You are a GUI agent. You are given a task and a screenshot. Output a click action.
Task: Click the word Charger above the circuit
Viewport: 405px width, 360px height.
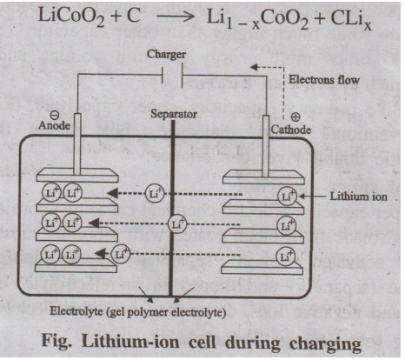pyautogui.click(x=166, y=55)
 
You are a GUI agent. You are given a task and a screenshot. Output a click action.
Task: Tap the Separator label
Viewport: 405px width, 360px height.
pyautogui.click(x=174, y=114)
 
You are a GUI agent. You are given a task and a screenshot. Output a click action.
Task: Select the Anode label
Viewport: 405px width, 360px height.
pyautogui.click(x=54, y=125)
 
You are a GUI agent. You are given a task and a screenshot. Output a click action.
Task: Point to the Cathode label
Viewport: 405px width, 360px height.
pyautogui.click(x=291, y=130)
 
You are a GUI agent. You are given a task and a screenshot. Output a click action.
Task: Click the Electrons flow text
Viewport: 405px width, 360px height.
pyautogui.click(x=324, y=80)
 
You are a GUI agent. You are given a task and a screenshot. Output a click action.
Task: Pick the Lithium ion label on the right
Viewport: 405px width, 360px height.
pyautogui.click(x=359, y=197)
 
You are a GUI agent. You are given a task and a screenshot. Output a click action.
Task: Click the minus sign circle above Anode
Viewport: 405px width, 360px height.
pyautogui.click(x=55, y=116)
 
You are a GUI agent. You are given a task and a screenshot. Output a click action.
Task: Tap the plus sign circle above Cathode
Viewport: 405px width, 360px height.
pyautogui.click(x=295, y=117)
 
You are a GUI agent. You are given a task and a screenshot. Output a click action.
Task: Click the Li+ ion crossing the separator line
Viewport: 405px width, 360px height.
pyautogui.click(x=177, y=224)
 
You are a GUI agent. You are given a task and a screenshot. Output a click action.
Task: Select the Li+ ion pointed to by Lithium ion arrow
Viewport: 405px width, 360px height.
pyautogui.click(x=287, y=197)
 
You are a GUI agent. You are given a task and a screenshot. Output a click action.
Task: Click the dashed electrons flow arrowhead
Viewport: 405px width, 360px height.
pyautogui.click(x=254, y=68)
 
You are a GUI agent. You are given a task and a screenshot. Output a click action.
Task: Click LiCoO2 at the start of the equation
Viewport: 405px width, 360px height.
pyautogui.click(x=71, y=17)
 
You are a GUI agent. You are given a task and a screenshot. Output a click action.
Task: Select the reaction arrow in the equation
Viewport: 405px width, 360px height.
pyautogui.click(x=176, y=17)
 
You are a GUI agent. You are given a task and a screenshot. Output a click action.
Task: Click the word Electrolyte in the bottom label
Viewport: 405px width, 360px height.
pyautogui.click(x=76, y=311)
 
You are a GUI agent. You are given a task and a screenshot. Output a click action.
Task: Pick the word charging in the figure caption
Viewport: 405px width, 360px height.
pyautogui.click(x=325, y=343)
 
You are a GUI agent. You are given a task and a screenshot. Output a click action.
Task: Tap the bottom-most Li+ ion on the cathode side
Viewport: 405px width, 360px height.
pyautogui.click(x=286, y=256)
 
